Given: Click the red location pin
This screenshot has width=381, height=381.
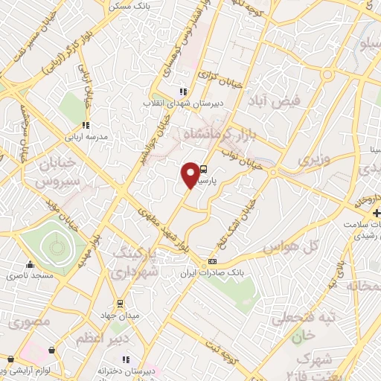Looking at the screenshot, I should coord(190,175).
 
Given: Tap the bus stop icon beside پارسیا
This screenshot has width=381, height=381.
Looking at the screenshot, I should coord(205,169).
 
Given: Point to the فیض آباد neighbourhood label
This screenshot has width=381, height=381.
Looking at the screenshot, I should coord(286,100).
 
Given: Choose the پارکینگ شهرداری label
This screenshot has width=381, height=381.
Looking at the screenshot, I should coord(135,264).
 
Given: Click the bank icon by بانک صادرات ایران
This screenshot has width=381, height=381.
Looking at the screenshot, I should coord(213,262).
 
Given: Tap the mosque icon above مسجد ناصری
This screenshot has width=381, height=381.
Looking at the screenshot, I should coord(30,264).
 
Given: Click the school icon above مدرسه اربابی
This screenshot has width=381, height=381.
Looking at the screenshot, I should coord(86,125).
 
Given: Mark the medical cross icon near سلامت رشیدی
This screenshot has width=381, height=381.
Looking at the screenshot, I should coord(377,214).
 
